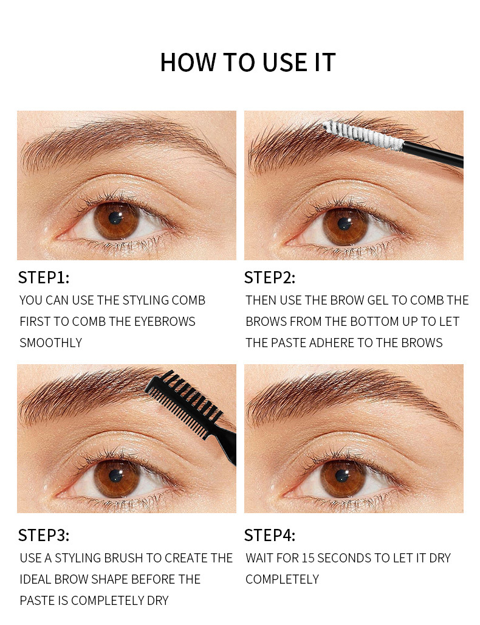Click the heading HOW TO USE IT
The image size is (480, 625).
(247, 63)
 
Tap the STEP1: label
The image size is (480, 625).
(44, 278)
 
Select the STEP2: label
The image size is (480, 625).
(270, 278)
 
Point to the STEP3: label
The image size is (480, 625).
(44, 535)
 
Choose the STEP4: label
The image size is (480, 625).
(270, 535)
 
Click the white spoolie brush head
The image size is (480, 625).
(363, 136)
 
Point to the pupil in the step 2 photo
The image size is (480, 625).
(345, 224)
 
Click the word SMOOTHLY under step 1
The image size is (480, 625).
(50, 343)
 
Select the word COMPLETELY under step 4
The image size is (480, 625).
(282, 579)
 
